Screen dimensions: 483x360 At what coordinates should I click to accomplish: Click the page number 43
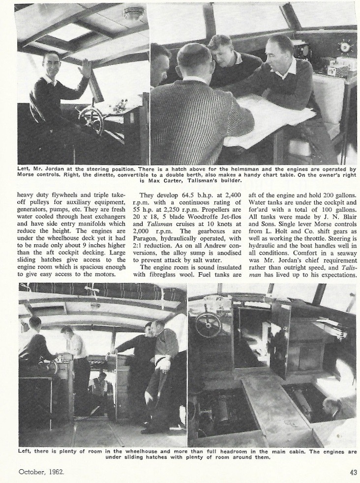[353, 472]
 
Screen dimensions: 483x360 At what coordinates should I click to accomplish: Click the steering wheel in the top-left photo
[91, 118]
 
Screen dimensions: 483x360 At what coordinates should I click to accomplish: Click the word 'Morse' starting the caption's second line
[29, 174]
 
